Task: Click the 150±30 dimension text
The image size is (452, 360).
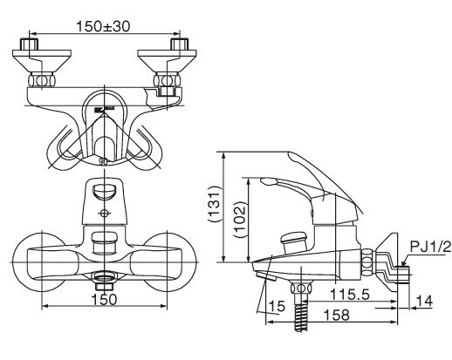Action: click(x=104, y=26)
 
